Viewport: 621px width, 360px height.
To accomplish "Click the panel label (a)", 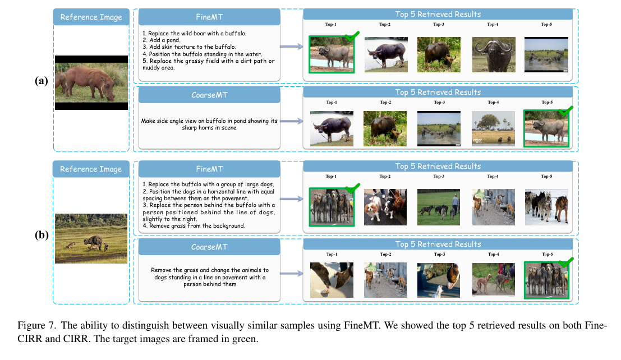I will click(x=41, y=80).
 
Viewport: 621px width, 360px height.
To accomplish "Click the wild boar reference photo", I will click(x=91, y=82).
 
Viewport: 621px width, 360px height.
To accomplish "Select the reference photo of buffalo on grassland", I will click(x=91, y=238).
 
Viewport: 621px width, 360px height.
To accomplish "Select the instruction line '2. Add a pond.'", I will click(x=161, y=40).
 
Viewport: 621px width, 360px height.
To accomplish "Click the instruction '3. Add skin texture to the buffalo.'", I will click(x=185, y=47).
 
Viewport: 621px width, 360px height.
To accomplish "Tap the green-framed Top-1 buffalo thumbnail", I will click(x=331, y=54).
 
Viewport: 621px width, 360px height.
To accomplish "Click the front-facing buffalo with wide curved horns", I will click(x=493, y=54).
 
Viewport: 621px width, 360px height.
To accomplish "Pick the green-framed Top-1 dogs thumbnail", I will click(x=331, y=206).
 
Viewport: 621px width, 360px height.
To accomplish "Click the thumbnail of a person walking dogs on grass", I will click(x=439, y=206).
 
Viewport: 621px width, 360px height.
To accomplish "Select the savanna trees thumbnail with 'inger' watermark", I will click(x=493, y=128).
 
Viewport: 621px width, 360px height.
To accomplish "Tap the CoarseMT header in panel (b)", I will click(x=208, y=248).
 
